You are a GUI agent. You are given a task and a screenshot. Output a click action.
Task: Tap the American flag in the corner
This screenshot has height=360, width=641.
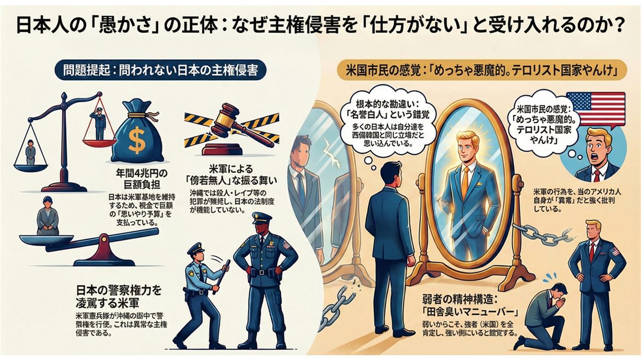coord(595,109)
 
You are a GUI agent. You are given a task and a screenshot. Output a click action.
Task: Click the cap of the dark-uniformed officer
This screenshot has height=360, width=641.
coord(262,218)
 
